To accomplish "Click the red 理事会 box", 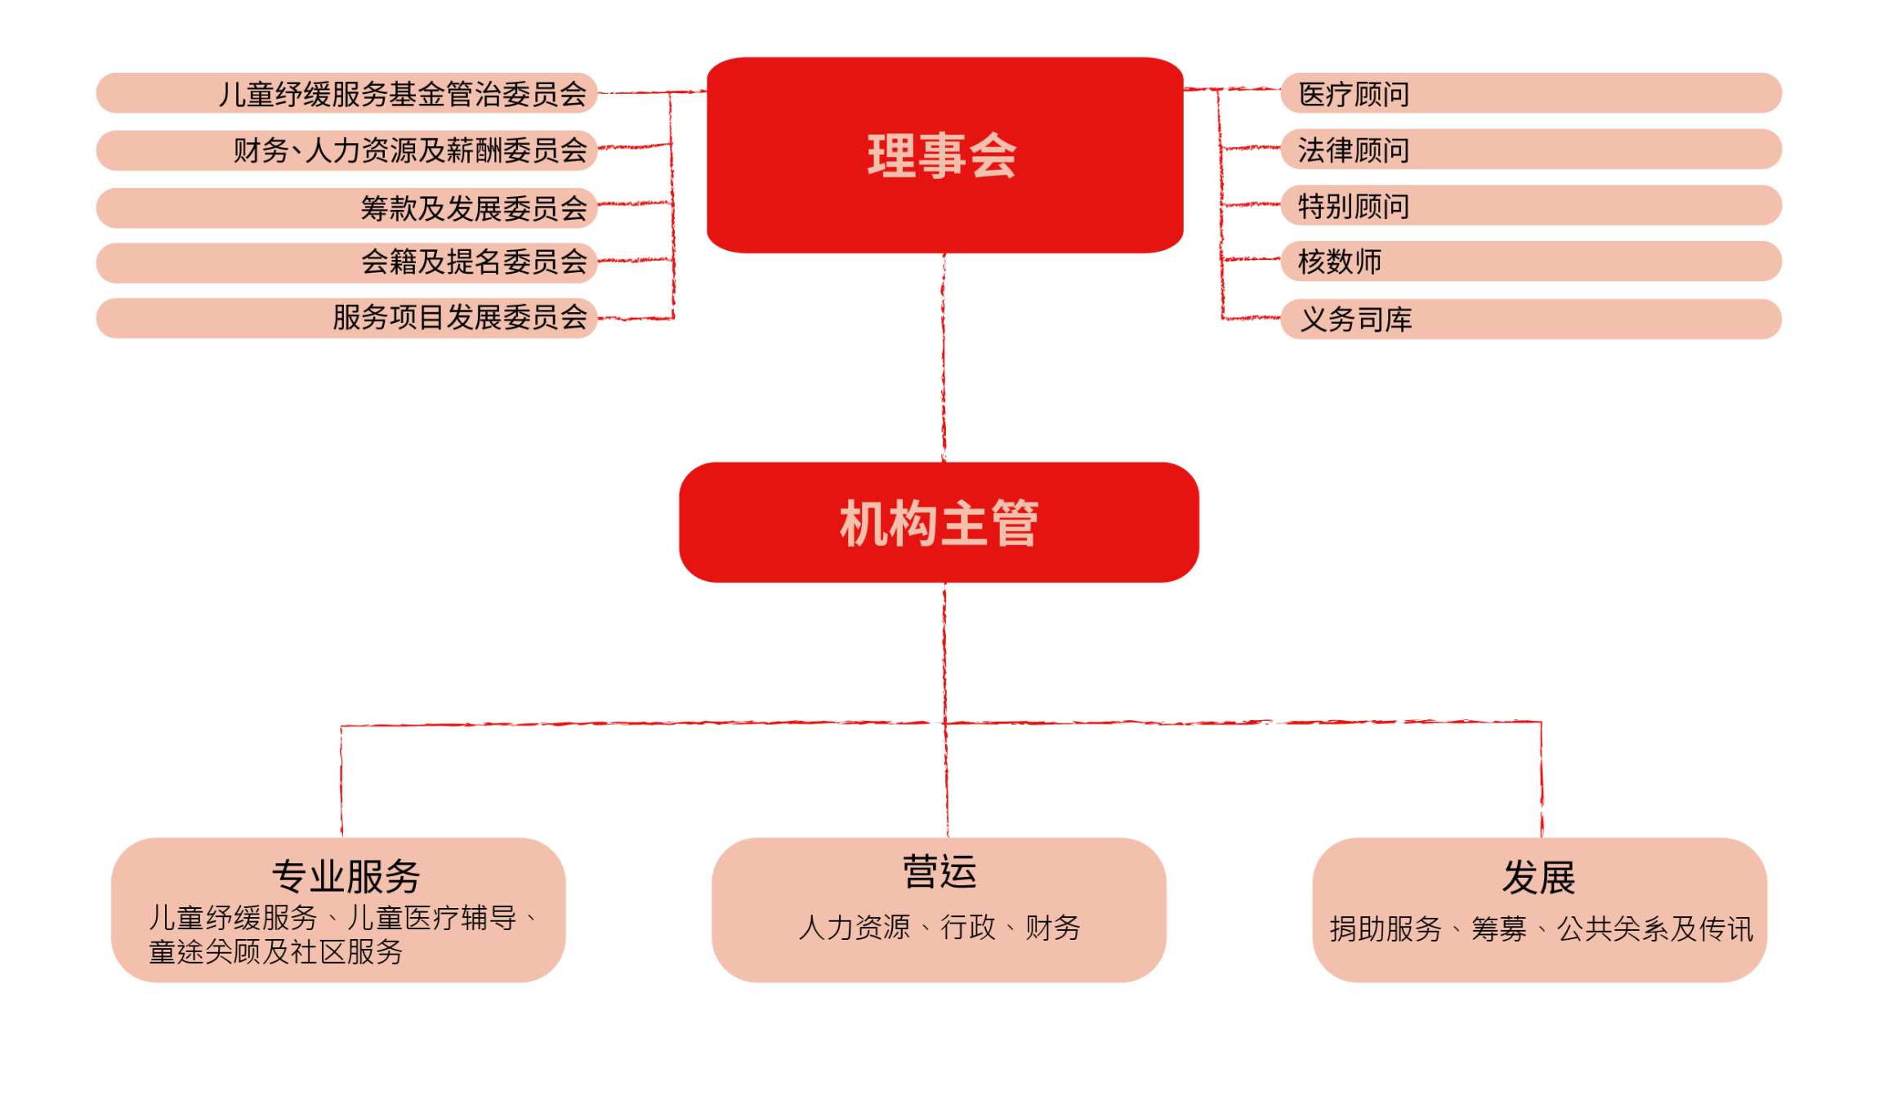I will [x=944, y=155].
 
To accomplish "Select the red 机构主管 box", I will [x=939, y=522].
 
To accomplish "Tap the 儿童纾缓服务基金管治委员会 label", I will [x=402, y=94].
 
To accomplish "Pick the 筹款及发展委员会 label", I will [x=474, y=208].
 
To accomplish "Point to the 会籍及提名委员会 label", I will [x=474, y=262].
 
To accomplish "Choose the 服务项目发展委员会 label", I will [x=459, y=317].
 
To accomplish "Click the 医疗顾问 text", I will [x=1354, y=94].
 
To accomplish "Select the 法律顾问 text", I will [x=1354, y=150].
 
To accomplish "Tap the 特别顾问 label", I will [x=1354, y=206].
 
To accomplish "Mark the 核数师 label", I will [x=1340, y=262].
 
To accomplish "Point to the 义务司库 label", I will [x=1356, y=319].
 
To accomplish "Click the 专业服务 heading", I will [x=346, y=877].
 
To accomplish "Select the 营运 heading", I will [x=939, y=872].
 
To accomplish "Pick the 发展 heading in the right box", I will [x=1538, y=878].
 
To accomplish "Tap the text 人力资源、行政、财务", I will [x=939, y=928].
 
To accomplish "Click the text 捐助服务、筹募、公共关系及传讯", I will [x=1541, y=929].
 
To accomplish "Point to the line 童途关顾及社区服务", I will [x=276, y=951].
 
